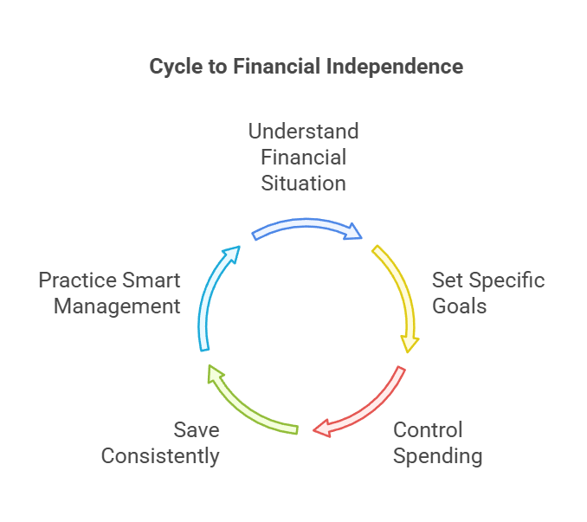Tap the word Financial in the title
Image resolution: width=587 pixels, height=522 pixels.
coord(276,67)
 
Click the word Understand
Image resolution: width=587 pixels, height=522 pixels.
coord(303,132)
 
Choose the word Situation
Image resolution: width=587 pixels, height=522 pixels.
coord(303,183)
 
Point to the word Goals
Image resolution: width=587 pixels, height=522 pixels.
coord(460,306)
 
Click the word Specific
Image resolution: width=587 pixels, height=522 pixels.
coord(507,281)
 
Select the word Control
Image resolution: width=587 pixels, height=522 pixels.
coord(429,430)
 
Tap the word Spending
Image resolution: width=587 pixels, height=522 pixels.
coord(438,456)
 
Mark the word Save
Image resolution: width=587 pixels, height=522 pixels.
coord(197,430)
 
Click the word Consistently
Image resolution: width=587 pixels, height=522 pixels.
coord(160,456)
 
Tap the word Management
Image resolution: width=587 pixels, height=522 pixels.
coord(116,306)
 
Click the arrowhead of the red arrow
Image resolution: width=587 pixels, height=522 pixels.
coord(321,428)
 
